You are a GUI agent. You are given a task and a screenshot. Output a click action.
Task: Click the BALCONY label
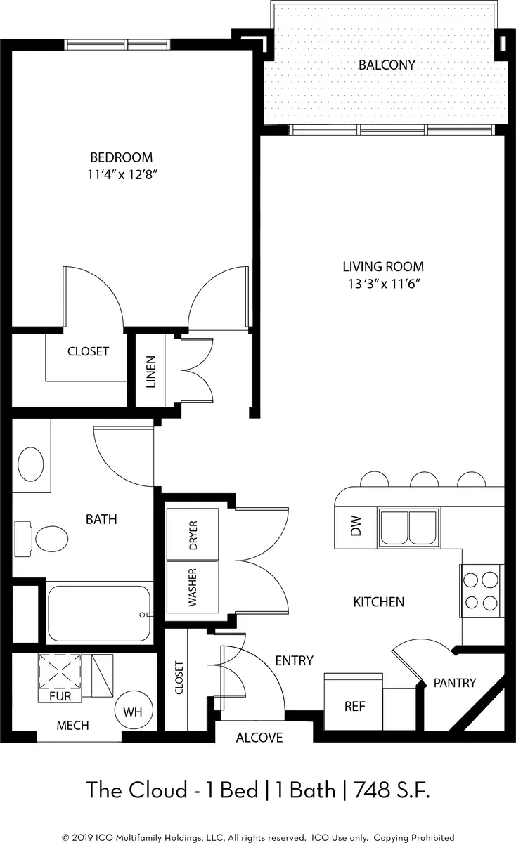pyautogui.click(x=387, y=65)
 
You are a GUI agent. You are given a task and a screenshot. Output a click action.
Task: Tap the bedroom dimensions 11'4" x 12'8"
pyautogui.click(x=122, y=175)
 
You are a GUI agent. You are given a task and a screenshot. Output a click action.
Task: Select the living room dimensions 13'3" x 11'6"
pyautogui.click(x=383, y=283)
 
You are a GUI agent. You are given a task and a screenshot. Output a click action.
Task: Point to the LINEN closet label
pyautogui.click(x=150, y=372)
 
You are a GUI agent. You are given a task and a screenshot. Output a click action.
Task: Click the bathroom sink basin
pyautogui.click(x=31, y=464)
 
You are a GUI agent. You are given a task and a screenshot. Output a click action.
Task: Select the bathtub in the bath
pyautogui.click(x=99, y=614)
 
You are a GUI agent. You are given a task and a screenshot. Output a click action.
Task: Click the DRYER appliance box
pyautogui.click(x=193, y=534)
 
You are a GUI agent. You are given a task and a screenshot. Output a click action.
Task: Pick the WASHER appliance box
pyautogui.click(x=193, y=587)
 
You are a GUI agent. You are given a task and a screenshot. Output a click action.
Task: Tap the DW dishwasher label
pyautogui.click(x=356, y=525)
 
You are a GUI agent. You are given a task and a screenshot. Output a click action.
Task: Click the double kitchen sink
pyautogui.click(x=408, y=528)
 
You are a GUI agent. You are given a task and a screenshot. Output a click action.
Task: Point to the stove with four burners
pyautogui.click(x=482, y=591)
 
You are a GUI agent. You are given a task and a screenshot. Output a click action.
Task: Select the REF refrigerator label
pyautogui.click(x=354, y=707)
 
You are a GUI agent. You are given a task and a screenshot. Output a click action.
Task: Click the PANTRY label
pyautogui.click(x=455, y=683)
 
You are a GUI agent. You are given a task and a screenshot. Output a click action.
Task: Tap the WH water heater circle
pyautogui.click(x=134, y=710)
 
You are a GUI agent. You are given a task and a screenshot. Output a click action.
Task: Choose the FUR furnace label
pyautogui.click(x=60, y=696)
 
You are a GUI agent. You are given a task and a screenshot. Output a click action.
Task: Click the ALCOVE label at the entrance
pyautogui.click(x=259, y=738)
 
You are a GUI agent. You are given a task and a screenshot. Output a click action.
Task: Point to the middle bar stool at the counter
pyautogui.click(x=424, y=478)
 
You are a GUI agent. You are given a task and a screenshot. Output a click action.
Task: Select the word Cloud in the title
pyautogui.click(x=158, y=790)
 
